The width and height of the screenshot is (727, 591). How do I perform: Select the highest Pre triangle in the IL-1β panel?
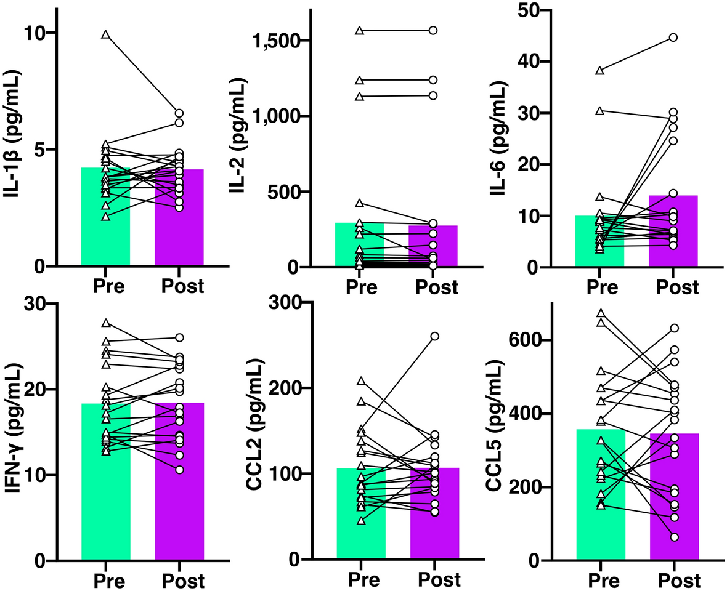click(x=106, y=35)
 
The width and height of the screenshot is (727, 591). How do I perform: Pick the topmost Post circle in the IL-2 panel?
click(x=433, y=30)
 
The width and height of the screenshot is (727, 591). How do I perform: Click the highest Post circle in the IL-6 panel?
click(x=673, y=38)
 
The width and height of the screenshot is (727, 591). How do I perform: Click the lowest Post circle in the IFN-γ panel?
click(x=179, y=470)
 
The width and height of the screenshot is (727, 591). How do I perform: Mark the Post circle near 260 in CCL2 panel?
click(x=434, y=336)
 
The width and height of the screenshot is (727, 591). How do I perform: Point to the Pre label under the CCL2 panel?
click(x=360, y=580)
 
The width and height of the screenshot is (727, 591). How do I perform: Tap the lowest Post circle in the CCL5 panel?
click(x=674, y=537)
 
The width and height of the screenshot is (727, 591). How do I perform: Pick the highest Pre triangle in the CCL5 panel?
click(x=601, y=314)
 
